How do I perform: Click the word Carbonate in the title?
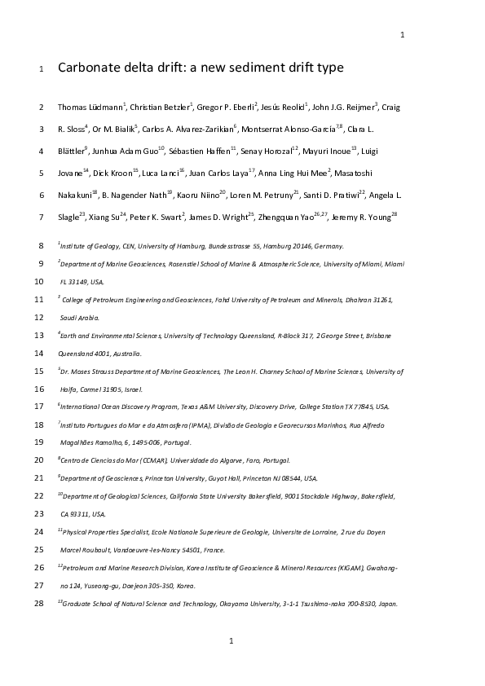(x=89, y=68)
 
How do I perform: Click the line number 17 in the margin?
(x=39, y=406)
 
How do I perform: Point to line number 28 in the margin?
(x=39, y=603)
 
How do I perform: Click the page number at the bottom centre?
(x=231, y=640)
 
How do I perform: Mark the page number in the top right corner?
(x=403, y=34)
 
